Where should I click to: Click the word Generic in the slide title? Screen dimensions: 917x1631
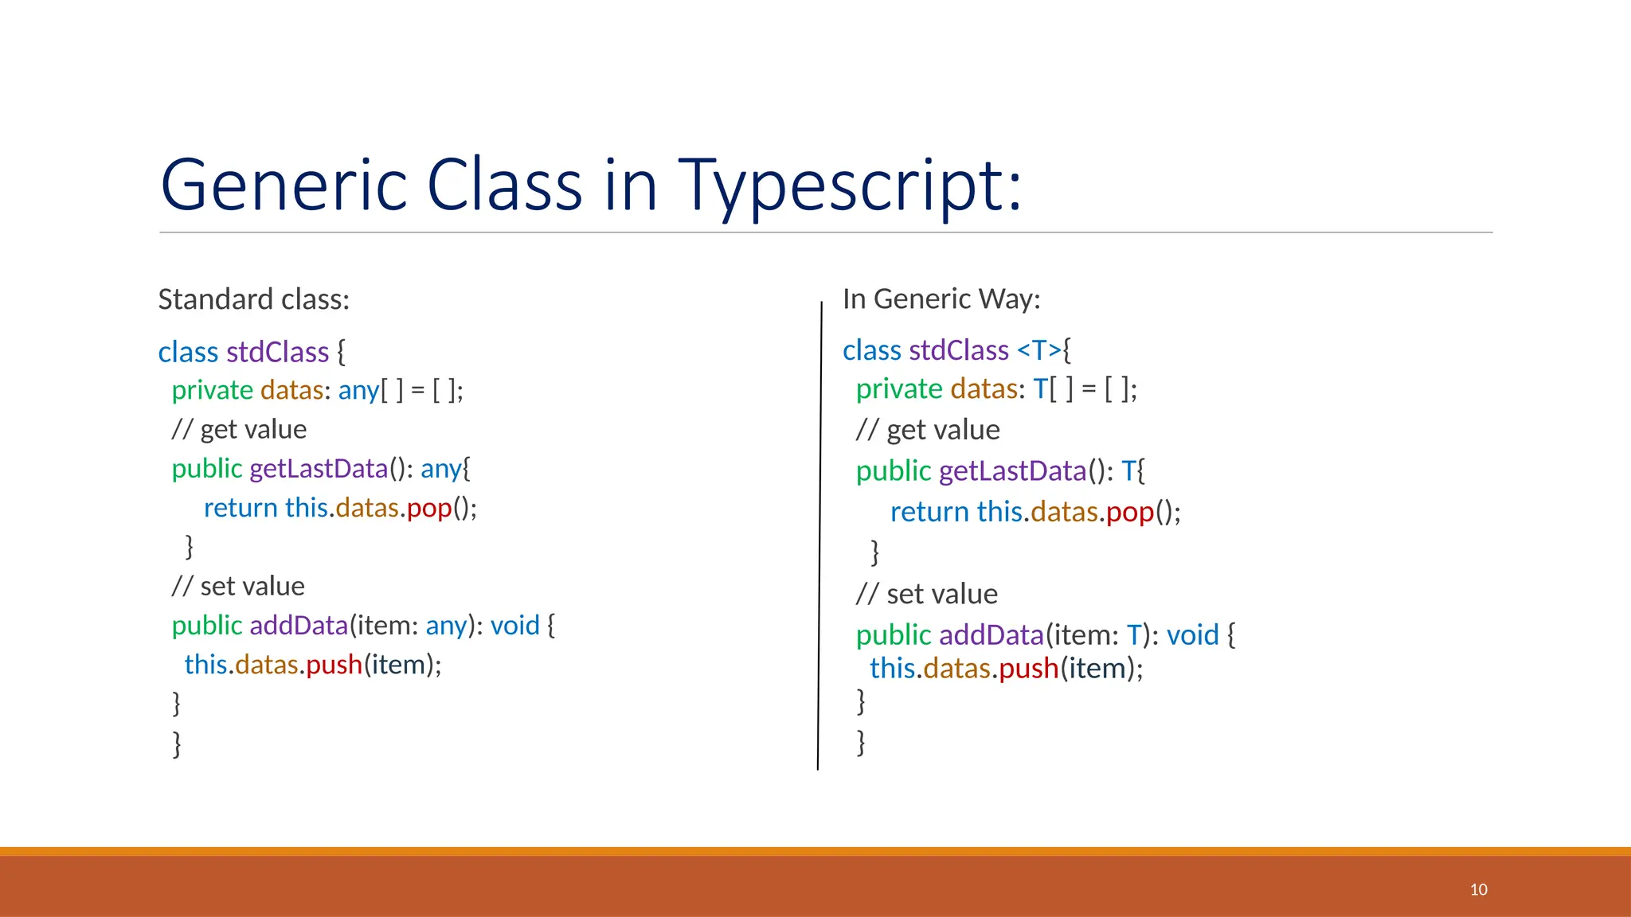[x=284, y=185]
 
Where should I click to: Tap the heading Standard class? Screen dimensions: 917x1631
[x=254, y=299]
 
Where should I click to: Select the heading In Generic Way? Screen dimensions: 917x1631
[x=941, y=299]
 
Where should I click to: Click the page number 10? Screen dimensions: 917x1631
[x=1478, y=889]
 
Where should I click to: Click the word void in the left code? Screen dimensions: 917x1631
[x=514, y=626]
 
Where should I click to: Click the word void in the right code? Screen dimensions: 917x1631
[x=1192, y=635]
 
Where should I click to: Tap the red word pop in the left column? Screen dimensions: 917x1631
[x=429, y=508]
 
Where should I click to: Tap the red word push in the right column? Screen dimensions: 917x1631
[x=1028, y=669]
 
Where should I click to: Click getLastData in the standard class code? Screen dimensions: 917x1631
[x=319, y=469]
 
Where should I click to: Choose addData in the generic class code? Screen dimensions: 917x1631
[x=991, y=635]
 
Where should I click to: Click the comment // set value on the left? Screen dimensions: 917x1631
[x=238, y=587]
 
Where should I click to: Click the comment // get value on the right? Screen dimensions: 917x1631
[x=928, y=431]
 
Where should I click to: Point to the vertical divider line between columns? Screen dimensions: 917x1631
[x=819, y=533]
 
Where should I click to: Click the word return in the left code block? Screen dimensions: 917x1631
[x=241, y=508]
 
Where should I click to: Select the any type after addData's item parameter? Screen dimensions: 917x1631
[x=446, y=626]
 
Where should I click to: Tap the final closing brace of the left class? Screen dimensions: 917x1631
[x=177, y=743]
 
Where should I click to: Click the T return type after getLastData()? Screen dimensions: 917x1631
[x=1128, y=471]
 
